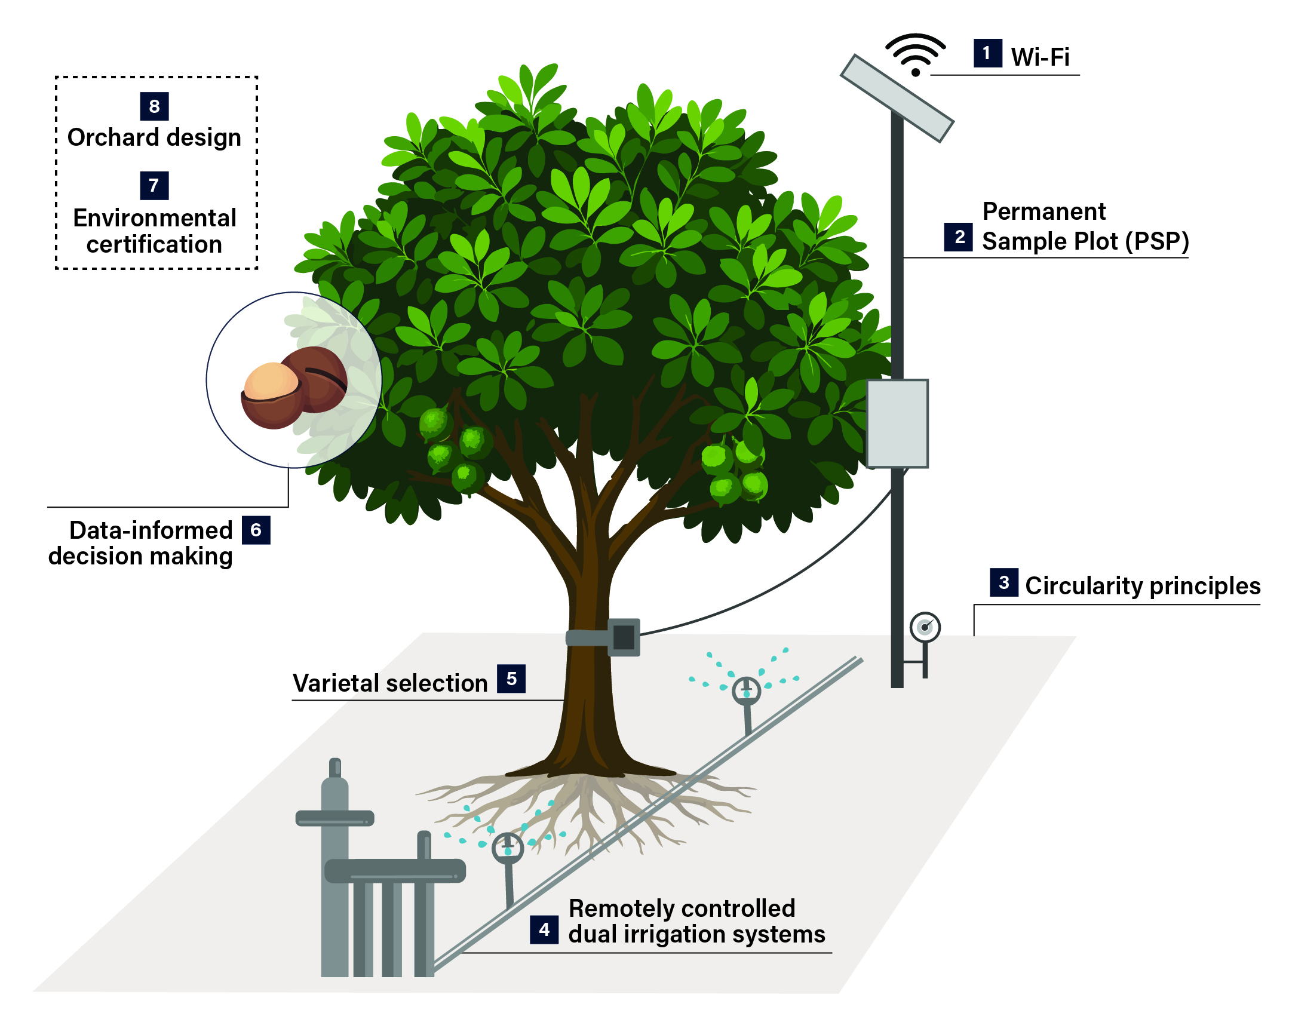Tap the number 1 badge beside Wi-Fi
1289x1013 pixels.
point(987,53)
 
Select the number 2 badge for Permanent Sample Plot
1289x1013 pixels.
point(958,237)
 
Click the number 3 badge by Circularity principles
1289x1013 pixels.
point(1003,582)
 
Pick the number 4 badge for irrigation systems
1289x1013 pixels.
point(544,929)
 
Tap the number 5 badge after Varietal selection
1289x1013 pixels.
point(511,679)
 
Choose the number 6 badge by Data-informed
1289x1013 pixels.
point(256,530)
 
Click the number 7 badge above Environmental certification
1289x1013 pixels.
point(154,185)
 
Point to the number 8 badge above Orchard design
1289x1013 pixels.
point(154,106)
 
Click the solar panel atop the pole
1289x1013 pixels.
point(896,98)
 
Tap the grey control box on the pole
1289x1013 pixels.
point(897,423)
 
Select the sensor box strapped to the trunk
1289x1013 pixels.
point(623,637)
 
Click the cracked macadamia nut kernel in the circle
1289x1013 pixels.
point(272,381)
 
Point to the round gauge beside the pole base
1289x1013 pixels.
point(925,627)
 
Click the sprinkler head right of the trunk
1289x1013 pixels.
point(746,691)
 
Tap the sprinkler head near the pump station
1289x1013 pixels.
point(508,847)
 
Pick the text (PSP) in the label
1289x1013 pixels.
point(1157,241)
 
